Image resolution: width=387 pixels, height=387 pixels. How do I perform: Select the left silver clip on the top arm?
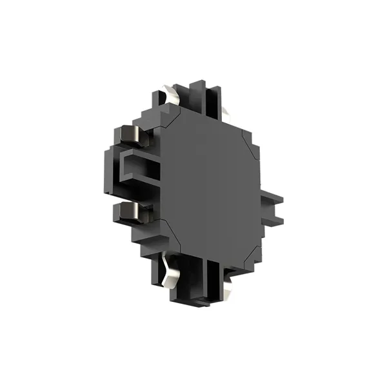[172, 96]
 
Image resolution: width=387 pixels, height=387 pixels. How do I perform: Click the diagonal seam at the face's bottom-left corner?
[168, 226]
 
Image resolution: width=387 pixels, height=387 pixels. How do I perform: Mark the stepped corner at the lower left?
[145, 245]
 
